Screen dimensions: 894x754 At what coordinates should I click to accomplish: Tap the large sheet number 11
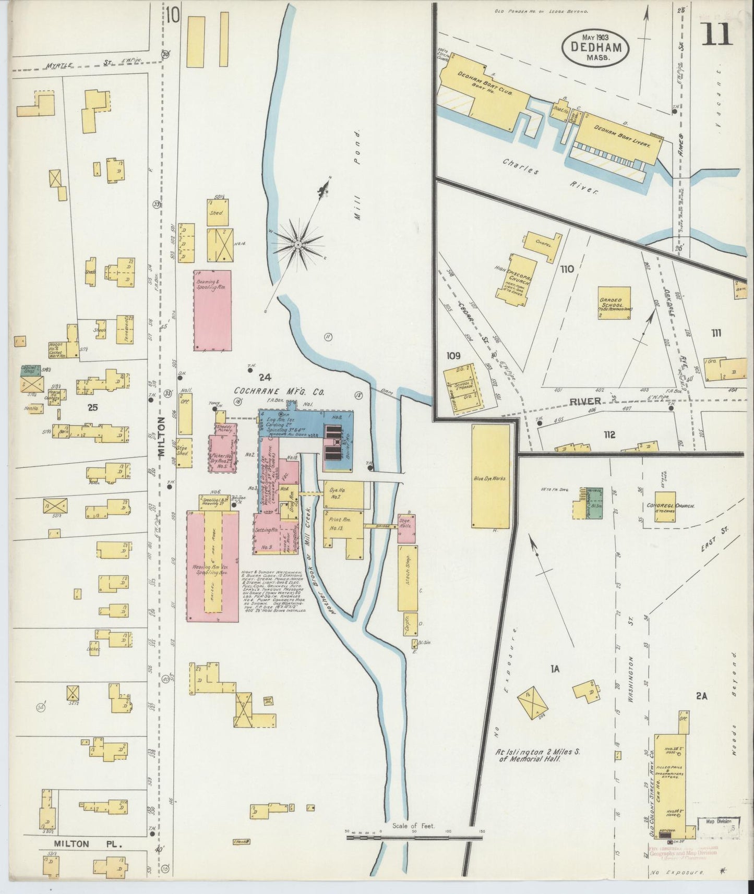click(719, 34)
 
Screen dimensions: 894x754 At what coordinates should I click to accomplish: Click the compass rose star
click(298, 243)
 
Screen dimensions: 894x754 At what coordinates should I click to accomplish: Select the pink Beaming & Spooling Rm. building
click(212, 310)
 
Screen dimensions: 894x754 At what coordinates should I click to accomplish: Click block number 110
click(567, 269)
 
